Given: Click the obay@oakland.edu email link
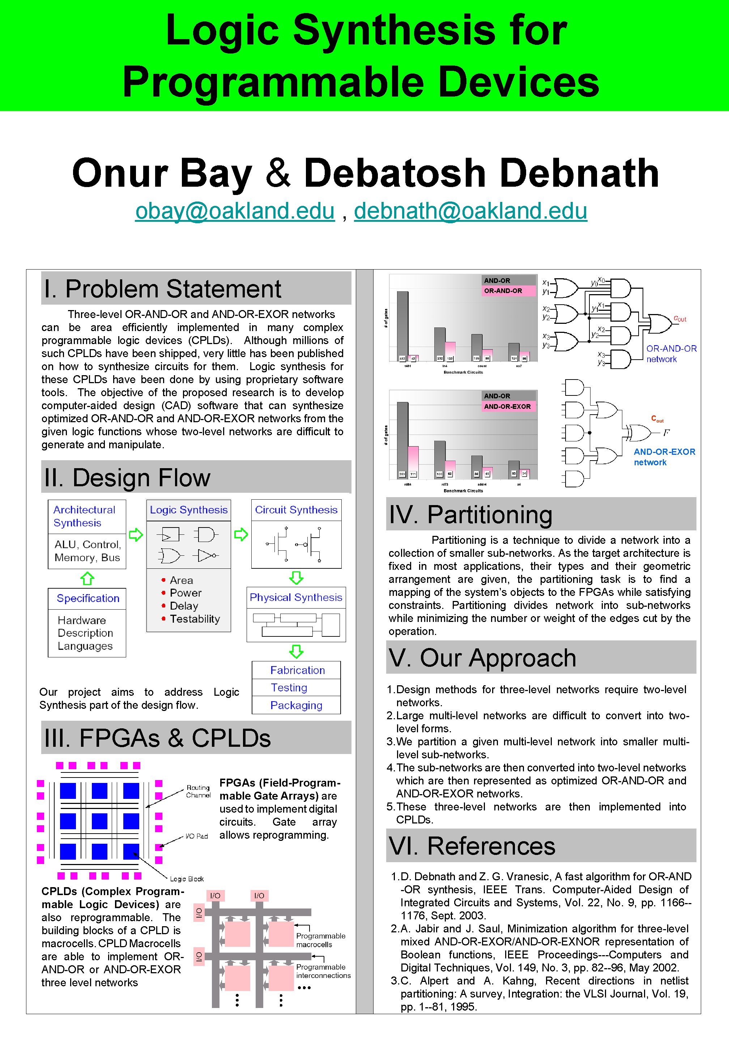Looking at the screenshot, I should pos(235,211).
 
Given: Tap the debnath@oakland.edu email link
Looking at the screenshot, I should pos(470,211).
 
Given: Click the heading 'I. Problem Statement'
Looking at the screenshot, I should pos(162,289).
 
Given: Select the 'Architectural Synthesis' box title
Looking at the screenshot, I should pos(84,516).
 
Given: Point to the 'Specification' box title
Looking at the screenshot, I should pos(88,598).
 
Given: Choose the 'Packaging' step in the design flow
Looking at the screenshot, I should pos(296,705).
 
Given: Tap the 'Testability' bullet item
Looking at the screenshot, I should pos(195,619).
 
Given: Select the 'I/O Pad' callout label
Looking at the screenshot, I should pos(196,836).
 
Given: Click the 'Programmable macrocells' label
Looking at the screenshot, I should pos(320,940).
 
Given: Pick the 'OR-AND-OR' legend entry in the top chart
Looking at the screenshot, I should pos(503,291).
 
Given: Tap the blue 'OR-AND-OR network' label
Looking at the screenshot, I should pos(671,353).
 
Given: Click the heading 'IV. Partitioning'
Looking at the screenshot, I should pos(470,514).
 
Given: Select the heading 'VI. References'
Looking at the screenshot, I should pos(472,846).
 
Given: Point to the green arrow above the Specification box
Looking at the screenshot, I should pos(87,578).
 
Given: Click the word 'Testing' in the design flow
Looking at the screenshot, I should pos(289,687).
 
